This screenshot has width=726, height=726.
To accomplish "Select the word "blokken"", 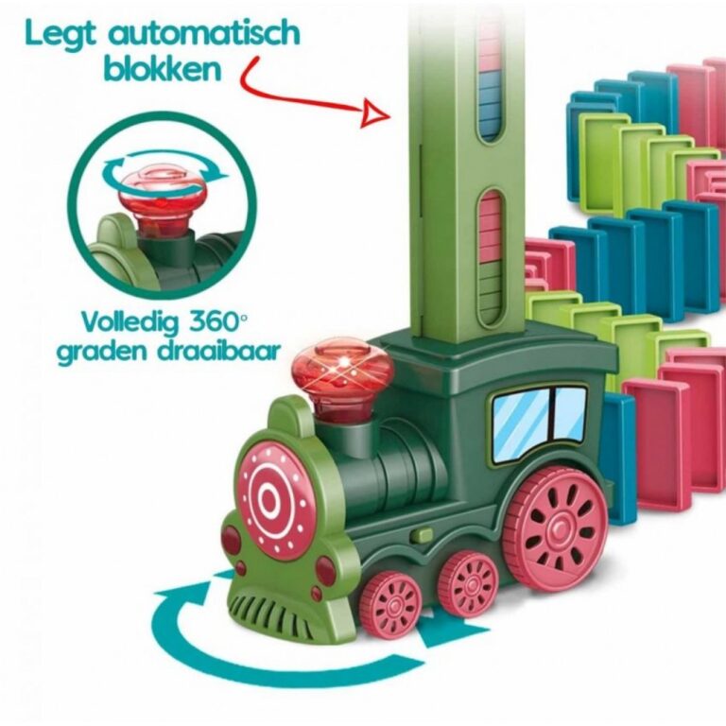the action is [162, 68].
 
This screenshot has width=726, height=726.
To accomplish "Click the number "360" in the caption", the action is [213, 320].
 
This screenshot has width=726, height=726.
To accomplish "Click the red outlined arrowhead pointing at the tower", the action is [376, 113].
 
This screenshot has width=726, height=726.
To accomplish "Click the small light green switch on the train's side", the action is [421, 534].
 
